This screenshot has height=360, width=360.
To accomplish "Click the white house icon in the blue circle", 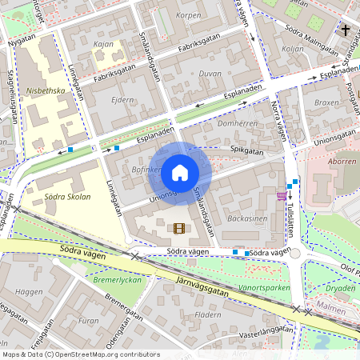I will (x=180, y=172).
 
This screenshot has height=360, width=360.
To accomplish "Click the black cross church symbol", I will (x=346, y=30).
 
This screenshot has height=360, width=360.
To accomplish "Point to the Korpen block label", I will (x=188, y=15).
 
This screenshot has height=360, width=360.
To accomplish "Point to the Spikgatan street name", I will (x=247, y=150).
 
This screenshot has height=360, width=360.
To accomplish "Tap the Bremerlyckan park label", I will (x=118, y=281).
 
